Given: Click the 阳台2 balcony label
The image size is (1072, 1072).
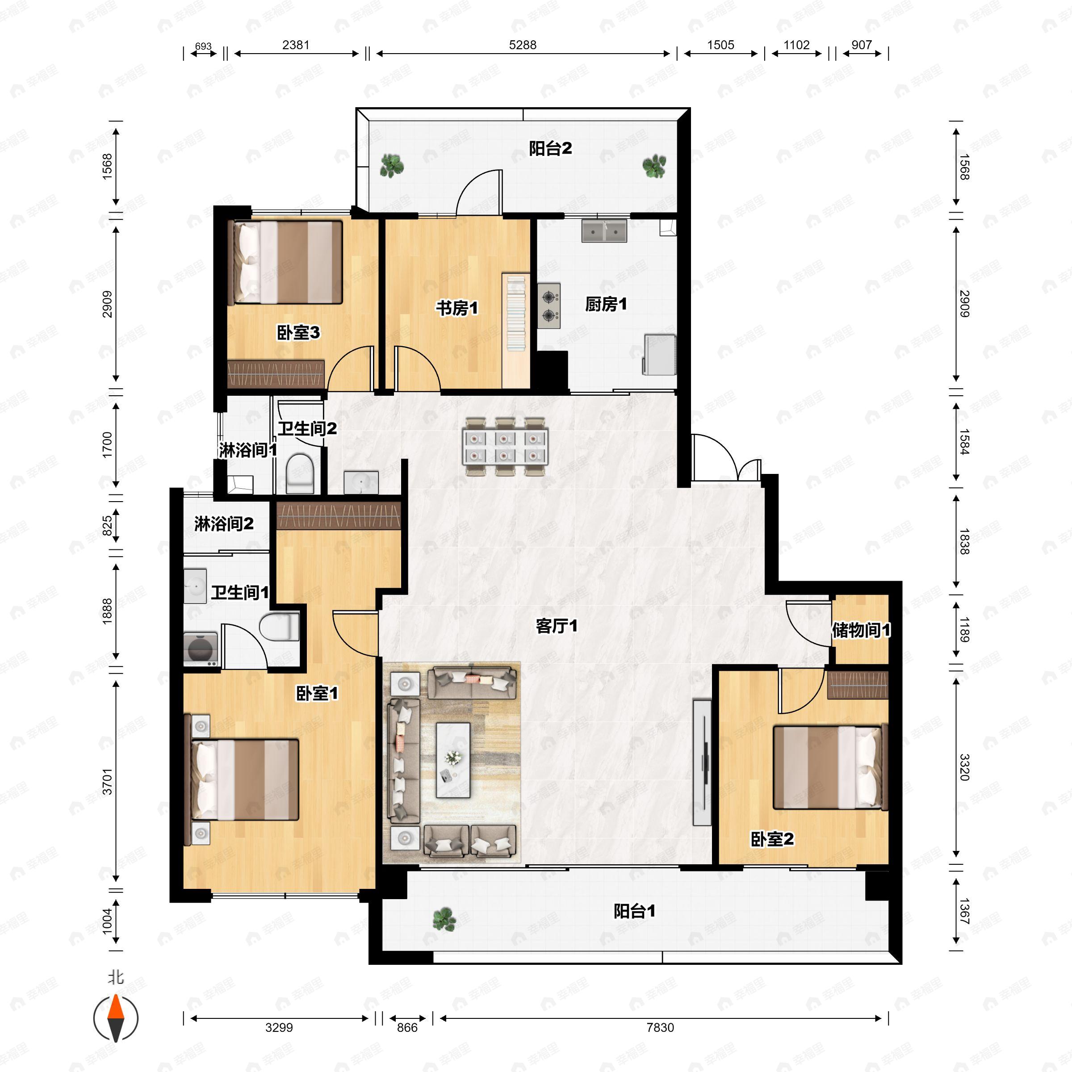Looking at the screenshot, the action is click(550, 149).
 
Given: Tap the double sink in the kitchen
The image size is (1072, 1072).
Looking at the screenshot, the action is click(604, 231).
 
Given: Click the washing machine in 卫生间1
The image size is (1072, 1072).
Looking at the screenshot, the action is click(200, 648).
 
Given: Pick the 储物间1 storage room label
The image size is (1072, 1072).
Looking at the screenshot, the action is click(861, 630).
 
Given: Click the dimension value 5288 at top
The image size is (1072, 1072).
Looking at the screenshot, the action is click(523, 45).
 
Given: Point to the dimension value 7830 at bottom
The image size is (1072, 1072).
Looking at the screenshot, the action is click(660, 1028).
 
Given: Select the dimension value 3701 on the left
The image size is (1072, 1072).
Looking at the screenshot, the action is click(107, 781).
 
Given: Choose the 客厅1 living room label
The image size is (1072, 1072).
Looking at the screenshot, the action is click(557, 626).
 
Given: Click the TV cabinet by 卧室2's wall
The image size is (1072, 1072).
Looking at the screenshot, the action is click(702, 762).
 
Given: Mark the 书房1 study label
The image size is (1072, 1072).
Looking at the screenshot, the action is click(456, 308).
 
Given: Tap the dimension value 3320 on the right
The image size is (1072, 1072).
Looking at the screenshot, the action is click(964, 767).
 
